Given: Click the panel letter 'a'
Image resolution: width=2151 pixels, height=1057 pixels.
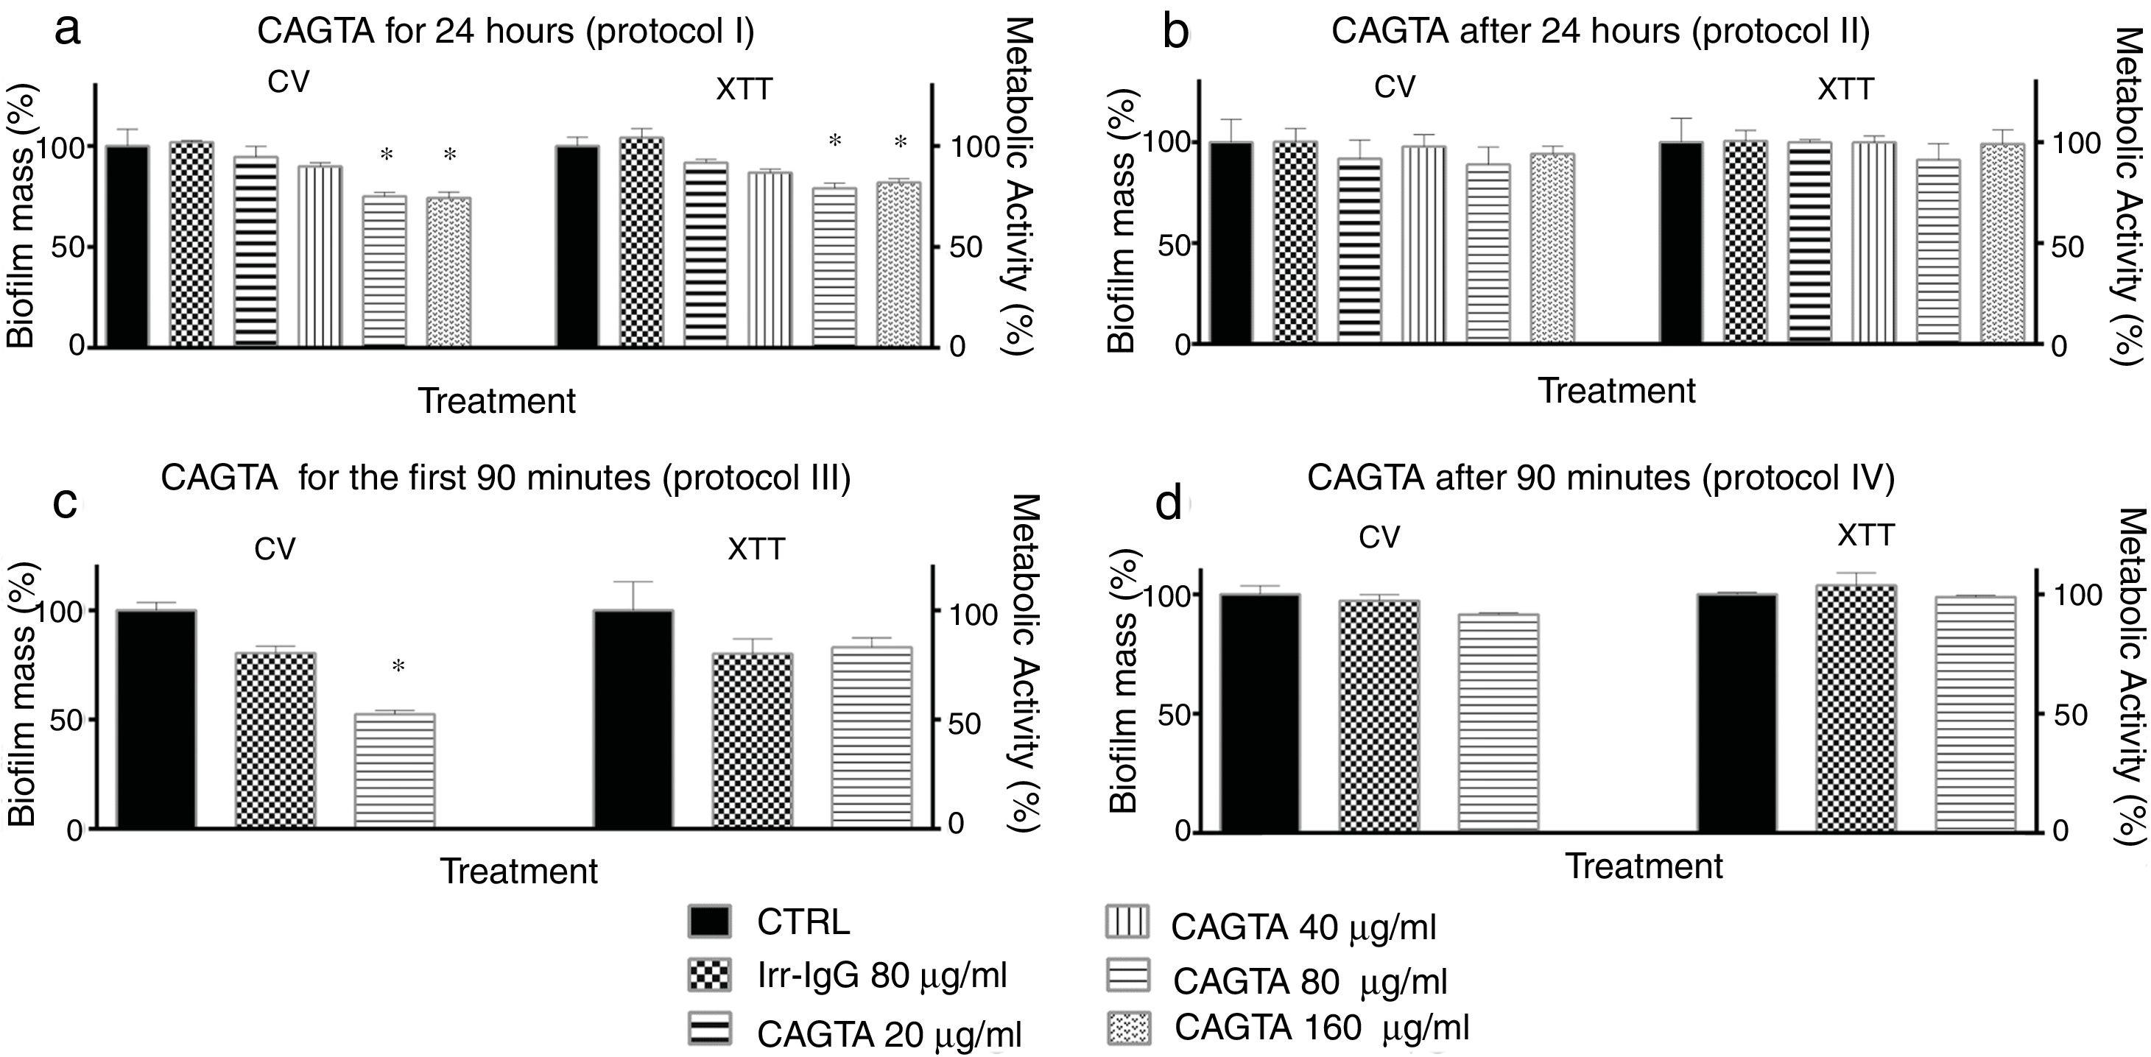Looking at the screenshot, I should (x=67, y=32).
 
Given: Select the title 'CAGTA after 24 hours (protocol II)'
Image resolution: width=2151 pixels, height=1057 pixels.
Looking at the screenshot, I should (x=1600, y=32).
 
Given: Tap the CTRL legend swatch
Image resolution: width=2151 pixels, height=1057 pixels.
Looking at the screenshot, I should (x=709, y=922).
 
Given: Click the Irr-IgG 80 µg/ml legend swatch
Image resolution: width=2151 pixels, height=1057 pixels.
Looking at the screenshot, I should (x=709, y=975).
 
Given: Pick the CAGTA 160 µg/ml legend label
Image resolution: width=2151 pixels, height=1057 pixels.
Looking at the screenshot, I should (x=1322, y=1027).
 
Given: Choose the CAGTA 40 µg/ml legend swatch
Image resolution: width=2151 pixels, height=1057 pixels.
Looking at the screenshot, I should (x=1127, y=922).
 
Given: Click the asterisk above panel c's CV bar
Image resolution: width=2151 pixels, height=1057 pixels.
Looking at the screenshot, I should (x=398, y=667).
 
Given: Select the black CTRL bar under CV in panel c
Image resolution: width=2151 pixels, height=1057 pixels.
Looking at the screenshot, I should (x=156, y=730).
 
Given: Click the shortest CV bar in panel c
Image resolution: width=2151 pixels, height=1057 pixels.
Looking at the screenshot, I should (x=395, y=770).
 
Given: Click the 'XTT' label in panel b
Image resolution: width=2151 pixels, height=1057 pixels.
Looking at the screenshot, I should (x=1845, y=88).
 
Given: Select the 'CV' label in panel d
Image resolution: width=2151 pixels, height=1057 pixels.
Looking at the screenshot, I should (x=1379, y=537).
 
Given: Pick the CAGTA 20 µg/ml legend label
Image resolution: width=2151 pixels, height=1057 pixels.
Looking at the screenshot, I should (x=888, y=1033).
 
